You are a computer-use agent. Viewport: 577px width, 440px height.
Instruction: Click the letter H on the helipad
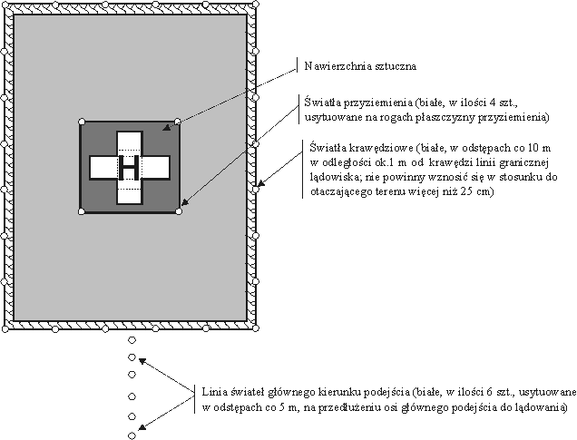coord(129,167)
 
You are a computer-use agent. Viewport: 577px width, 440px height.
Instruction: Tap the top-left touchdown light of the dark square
coord(82,122)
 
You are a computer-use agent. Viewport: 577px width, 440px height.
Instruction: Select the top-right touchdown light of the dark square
coord(178,122)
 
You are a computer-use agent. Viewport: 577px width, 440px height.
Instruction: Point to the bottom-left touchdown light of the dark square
coord(82,212)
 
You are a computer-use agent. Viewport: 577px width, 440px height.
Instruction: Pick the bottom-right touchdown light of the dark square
coord(178,212)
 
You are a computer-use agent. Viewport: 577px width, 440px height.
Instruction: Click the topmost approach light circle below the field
coord(132,340)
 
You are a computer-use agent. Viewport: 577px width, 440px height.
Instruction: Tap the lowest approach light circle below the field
coord(132,435)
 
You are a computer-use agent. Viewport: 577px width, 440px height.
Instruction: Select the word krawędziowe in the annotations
coord(373,146)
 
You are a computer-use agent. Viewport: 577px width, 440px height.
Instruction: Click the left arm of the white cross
coord(103,167)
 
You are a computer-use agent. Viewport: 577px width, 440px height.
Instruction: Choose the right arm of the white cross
coord(156,167)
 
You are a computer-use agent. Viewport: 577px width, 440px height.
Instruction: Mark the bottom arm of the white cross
coord(129,194)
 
